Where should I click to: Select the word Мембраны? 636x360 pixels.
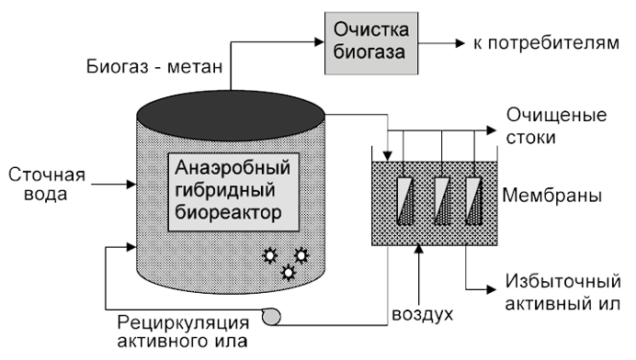coord(552,197)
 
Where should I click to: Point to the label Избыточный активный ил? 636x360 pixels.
coord(557,291)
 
